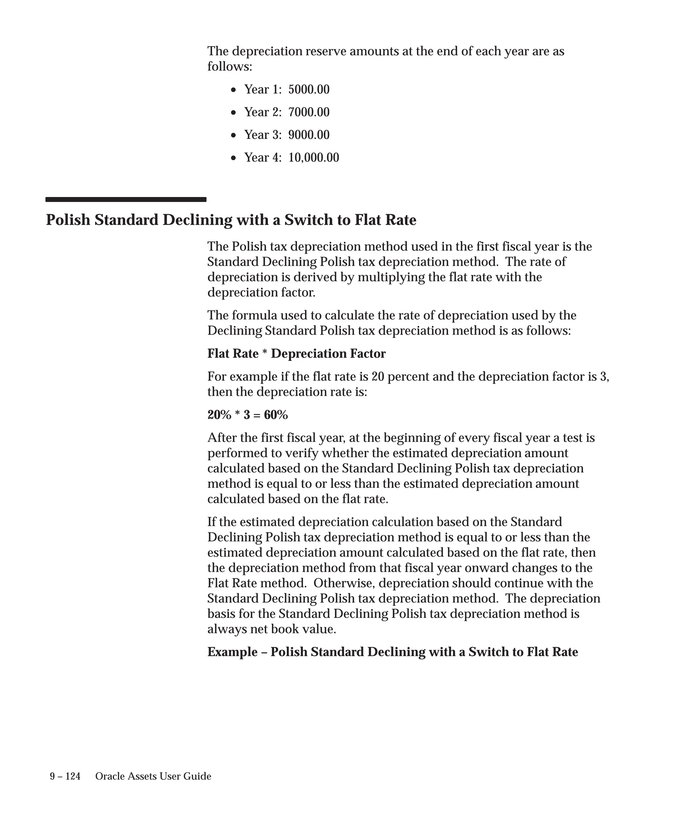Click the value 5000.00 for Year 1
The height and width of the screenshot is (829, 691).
tap(309, 90)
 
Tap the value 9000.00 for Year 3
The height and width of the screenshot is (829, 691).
tap(309, 135)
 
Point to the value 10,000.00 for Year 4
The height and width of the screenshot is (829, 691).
tap(313, 158)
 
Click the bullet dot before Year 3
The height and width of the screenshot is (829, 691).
tap(234, 135)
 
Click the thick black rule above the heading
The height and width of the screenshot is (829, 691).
tap(126, 200)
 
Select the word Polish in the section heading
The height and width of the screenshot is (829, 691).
tap(68, 220)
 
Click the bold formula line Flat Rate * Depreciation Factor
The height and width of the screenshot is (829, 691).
tap(296, 353)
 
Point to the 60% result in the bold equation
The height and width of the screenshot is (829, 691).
tap(276, 415)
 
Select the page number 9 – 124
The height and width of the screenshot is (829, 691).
tap(65, 776)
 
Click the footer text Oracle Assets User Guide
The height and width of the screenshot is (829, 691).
tap(153, 776)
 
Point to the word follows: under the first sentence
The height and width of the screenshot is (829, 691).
tap(229, 66)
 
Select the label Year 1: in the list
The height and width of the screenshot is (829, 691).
tap(263, 90)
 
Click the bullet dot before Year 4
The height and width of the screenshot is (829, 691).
tap(234, 158)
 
